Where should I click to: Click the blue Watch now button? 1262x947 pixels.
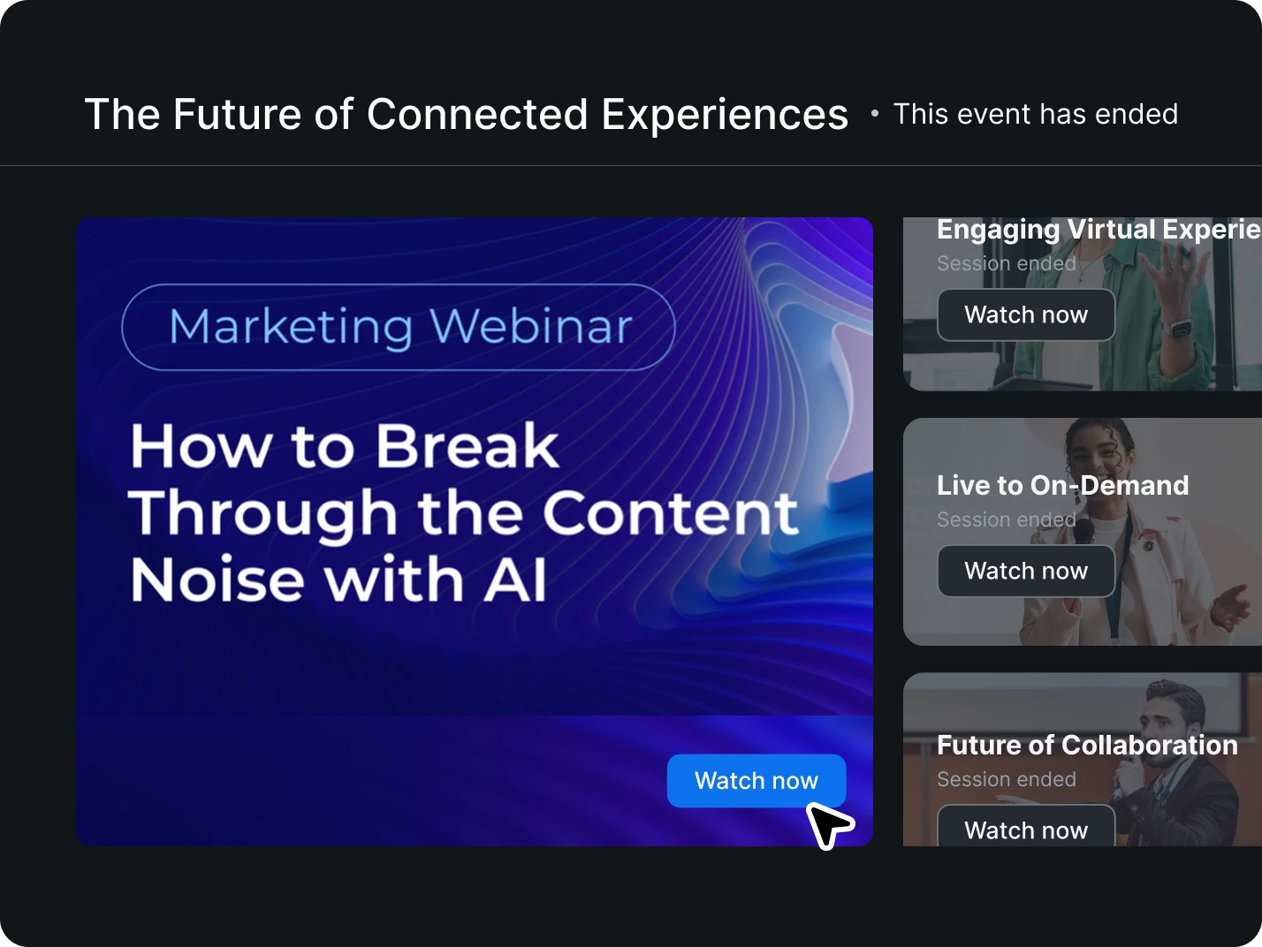coord(756,781)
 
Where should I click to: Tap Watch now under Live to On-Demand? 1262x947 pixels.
coord(1025,572)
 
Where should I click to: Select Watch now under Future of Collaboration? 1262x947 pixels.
coord(1025,828)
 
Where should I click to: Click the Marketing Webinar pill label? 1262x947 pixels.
coord(399,327)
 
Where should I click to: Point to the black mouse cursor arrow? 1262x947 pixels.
coord(827,824)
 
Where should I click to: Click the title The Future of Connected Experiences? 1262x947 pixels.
coord(466,115)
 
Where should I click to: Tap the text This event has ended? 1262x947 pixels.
coord(1035,115)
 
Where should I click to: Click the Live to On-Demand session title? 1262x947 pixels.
coord(1062,485)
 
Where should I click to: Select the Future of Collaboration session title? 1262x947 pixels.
coord(1086,745)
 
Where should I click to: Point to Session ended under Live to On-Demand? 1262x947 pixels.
coord(1006,520)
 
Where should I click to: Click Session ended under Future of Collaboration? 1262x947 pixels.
coord(1006,780)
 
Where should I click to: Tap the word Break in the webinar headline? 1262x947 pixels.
coord(468,446)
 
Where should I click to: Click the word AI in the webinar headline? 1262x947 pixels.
coord(516,581)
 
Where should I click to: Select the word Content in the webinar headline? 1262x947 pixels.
coord(670,513)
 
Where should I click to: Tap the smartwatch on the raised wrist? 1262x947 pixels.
coord(1181,330)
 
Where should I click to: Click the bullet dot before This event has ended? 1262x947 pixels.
coord(874,114)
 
